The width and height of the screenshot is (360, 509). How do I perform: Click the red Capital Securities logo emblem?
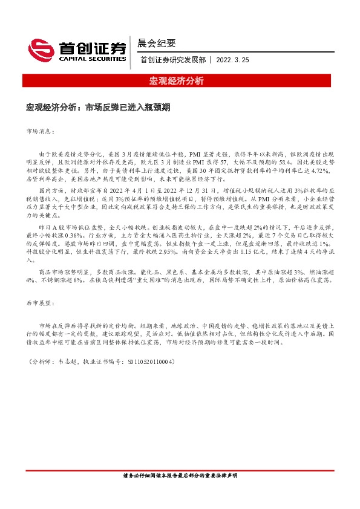pos(41,50)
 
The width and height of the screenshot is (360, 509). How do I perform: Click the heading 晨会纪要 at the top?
pos(157,43)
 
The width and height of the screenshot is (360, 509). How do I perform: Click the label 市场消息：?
pos(41,131)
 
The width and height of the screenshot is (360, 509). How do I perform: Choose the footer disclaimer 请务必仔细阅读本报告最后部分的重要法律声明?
pos(180,476)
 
